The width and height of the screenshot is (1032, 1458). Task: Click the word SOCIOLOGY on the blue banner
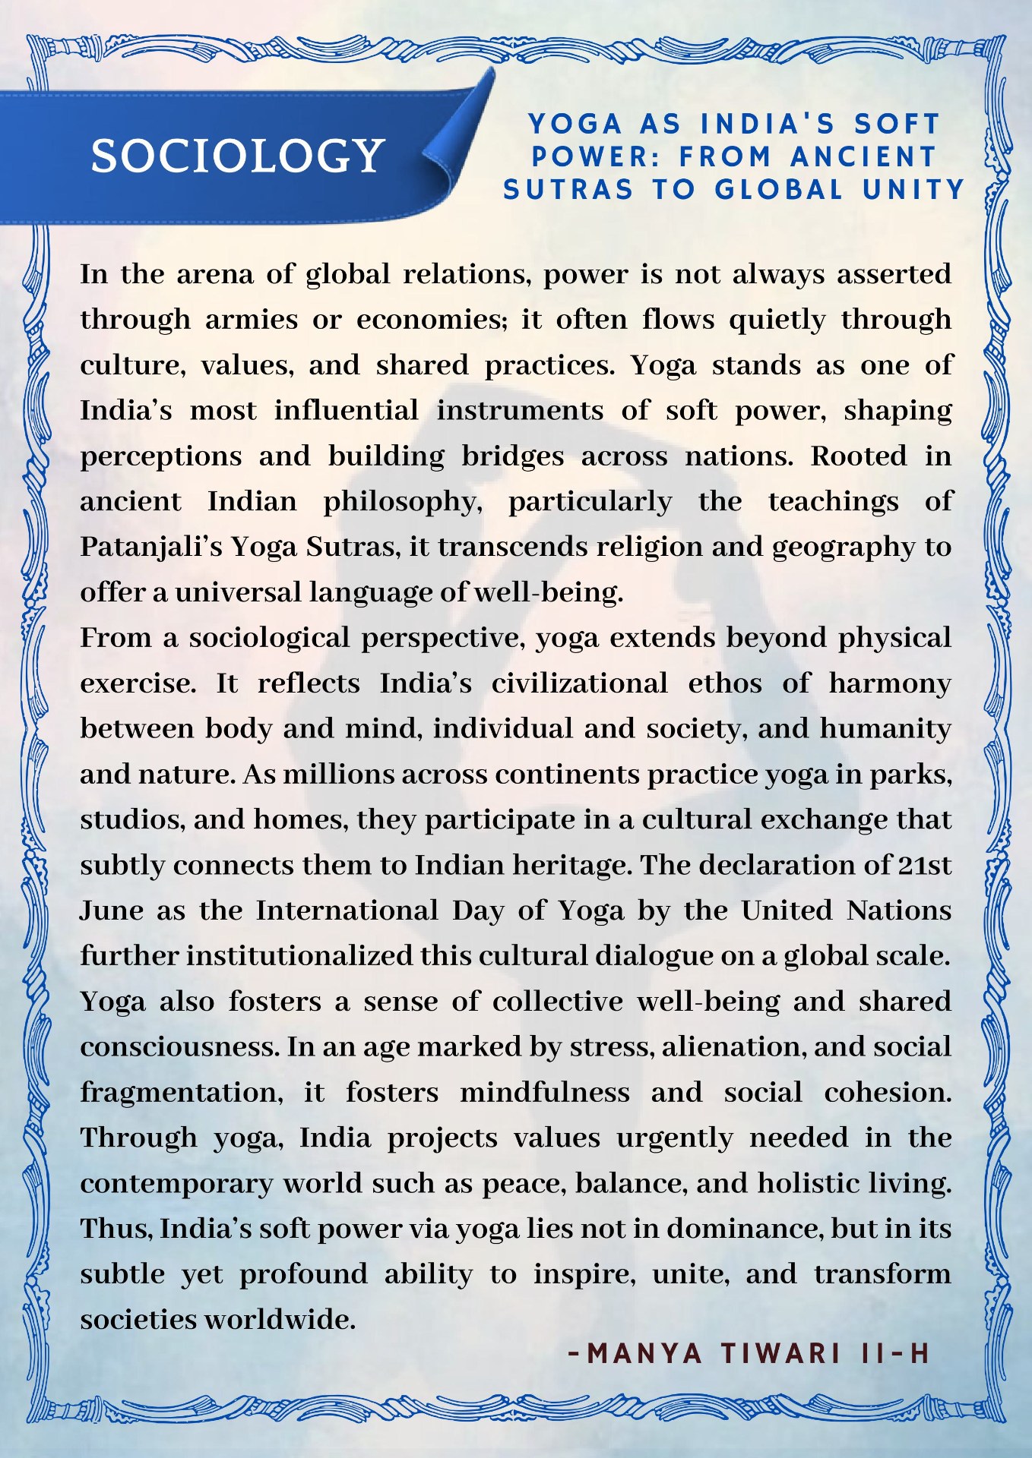tap(237, 156)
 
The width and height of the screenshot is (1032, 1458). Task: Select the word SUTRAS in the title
tap(568, 190)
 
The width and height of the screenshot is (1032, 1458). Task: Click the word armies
tap(252, 320)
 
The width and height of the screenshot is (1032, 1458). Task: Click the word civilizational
tap(579, 683)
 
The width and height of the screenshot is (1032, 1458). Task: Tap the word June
tap(111, 910)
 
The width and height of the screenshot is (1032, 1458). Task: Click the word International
tap(347, 910)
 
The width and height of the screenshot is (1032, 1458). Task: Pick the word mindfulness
tap(545, 1093)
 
